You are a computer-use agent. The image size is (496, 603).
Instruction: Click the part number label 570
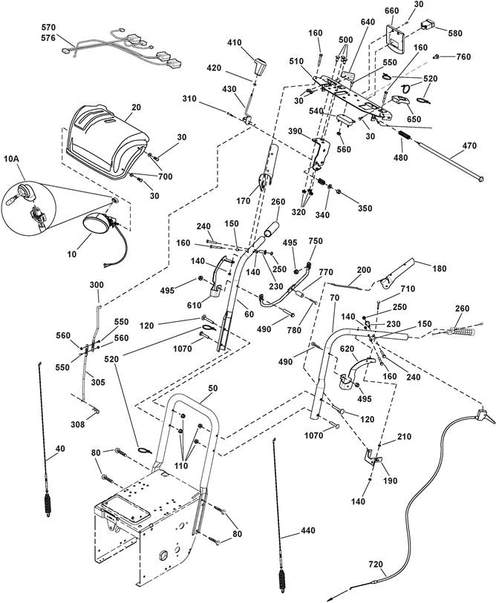click(49, 27)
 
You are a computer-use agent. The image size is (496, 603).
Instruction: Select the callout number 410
click(235, 43)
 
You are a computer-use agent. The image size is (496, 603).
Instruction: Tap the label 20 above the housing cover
click(137, 108)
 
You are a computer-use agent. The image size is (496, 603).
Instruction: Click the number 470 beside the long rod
click(469, 146)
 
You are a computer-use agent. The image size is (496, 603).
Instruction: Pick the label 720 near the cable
click(376, 564)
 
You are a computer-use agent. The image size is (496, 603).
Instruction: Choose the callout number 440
click(307, 531)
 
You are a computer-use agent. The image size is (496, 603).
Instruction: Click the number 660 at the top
click(392, 11)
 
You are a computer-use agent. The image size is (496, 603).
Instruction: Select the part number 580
click(455, 33)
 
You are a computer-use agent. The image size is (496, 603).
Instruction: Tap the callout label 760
click(463, 57)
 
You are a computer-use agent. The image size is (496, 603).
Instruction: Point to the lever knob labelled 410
click(261, 67)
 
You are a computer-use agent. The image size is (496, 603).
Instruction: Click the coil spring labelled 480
click(402, 135)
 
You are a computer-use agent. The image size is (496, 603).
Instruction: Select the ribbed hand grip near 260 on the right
click(463, 330)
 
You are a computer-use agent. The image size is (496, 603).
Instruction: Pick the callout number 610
click(194, 306)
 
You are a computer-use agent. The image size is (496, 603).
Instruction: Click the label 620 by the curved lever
click(347, 349)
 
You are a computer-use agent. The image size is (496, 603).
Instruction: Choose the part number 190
click(391, 481)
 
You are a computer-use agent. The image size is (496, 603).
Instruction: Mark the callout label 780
click(295, 330)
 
